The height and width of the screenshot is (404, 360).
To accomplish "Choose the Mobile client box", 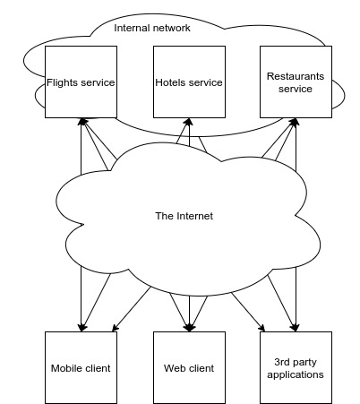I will click(x=81, y=367).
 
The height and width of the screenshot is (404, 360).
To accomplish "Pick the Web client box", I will click(x=188, y=367).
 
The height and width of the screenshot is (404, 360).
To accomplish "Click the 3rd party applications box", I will click(x=296, y=367).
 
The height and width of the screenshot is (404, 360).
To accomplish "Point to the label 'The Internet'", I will click(x=184, y=216).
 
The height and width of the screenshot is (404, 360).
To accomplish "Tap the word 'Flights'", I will click(x=63, y=83).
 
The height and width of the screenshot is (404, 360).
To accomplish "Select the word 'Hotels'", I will click(x=171, y=83).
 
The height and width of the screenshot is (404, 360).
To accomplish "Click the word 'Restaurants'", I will click(x=296, y=77).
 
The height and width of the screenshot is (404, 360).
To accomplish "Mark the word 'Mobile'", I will click(x=66, y=368).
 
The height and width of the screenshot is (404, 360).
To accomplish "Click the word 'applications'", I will click(x=296, y=374).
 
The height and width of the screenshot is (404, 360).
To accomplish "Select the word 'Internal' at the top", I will click(x=132, y=28).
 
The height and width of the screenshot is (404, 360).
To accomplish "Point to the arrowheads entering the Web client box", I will click(x=188, y=326).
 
